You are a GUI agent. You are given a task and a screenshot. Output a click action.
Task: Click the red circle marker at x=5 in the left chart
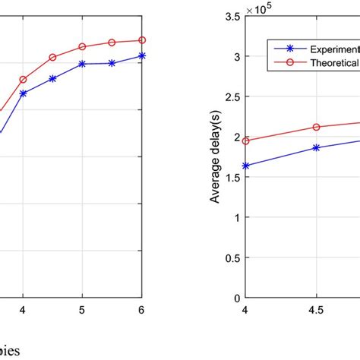coord(83,46)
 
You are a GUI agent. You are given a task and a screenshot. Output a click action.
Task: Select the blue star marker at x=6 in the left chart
coord(141,55)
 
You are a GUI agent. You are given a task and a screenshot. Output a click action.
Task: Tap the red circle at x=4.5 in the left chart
coord(53,57)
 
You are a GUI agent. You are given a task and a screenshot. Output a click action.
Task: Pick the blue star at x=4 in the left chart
coord(24,93)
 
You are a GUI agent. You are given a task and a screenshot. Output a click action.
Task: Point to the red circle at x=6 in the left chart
coord(141,40)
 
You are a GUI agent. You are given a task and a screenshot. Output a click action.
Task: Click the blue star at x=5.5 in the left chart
coord(112,63)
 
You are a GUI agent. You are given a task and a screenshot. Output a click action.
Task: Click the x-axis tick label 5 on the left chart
coord(83,310)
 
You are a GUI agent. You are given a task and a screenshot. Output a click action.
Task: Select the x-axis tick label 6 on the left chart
coord(141,310)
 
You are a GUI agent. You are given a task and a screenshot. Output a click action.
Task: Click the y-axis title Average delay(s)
coord(215,157)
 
